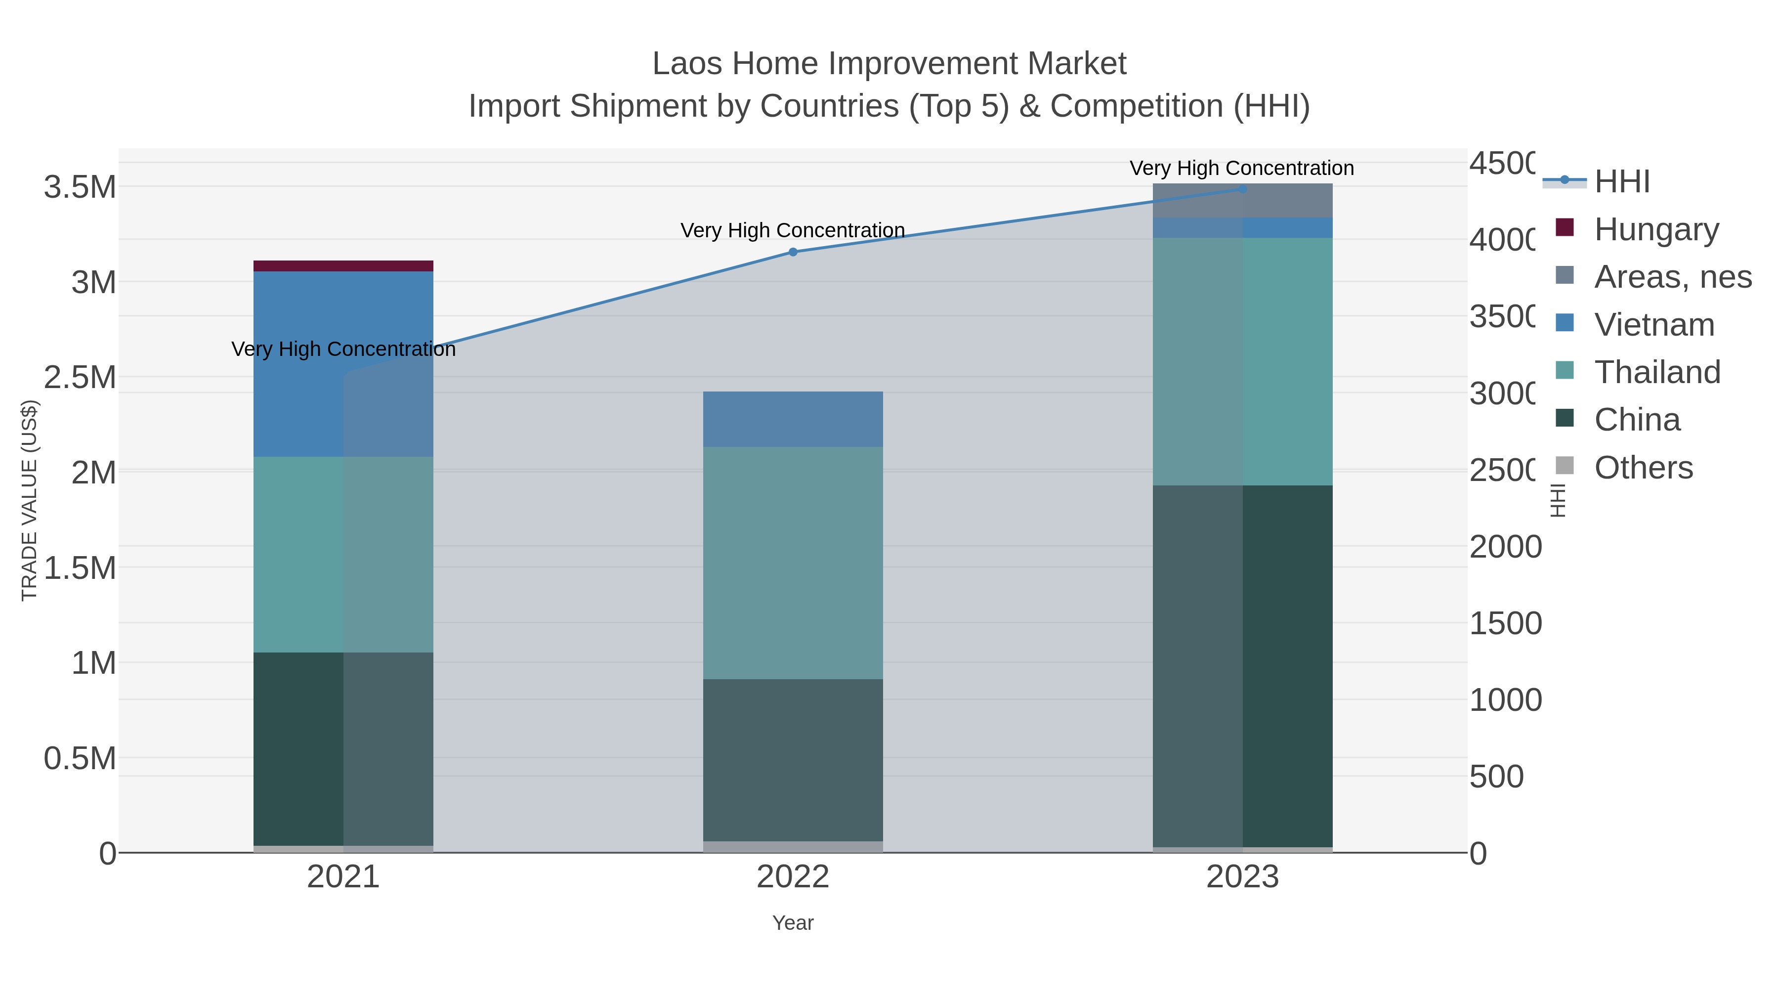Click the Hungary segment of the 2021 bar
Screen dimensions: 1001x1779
click(x=343, y=266)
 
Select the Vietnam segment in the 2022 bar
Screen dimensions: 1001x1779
click(x=793, y=419)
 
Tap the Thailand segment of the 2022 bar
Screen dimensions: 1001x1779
click(x=793, y=563)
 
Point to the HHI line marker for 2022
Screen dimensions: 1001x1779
click(x=793, y=252)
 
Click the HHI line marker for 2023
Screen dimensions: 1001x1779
click(x=1242, y=189)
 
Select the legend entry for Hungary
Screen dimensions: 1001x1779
click(x=1656, y=229)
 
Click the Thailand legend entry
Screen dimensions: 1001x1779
click(x=1657, y=372)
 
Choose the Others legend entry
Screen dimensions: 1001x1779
click(x=1643, y=468)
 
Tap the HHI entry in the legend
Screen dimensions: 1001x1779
click(x=1621, y=182)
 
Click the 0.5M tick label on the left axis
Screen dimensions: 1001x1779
click(x=80, y=758)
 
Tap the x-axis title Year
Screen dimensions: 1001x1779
click(x=793, y=923)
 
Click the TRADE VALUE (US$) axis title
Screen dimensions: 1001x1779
click(x=29, y=500)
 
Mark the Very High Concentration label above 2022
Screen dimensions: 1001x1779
click(x=793, y=230)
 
